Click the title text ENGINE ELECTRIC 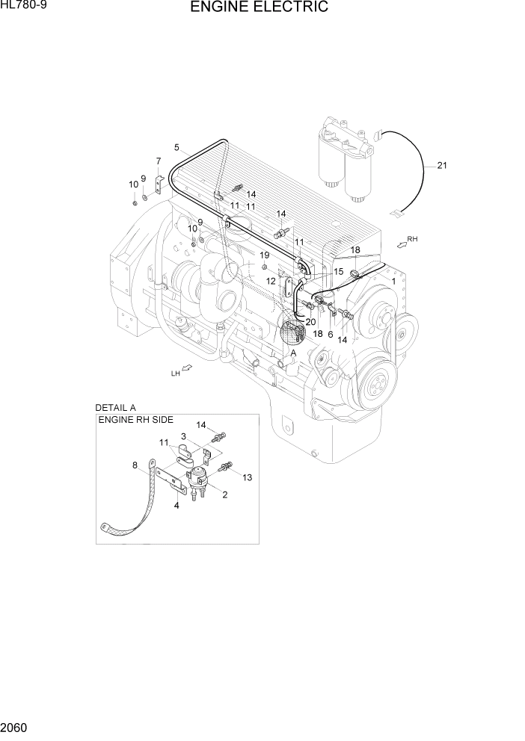259,8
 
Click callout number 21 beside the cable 442,166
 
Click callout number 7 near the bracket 159,161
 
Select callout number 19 264,255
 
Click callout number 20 310,322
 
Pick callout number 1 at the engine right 393,281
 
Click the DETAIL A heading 115,408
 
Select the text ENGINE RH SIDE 131,421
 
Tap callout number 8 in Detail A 135,466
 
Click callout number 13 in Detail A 248,477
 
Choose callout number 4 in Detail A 176,506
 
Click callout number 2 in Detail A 224,494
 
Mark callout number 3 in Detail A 182,436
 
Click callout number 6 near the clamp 330,335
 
